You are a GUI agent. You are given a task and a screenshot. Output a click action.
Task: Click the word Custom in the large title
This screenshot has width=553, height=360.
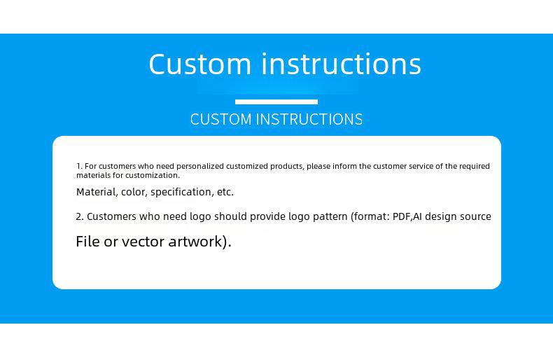click(200, 64)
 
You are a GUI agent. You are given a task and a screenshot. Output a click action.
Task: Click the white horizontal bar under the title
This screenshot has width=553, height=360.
click(276, 102)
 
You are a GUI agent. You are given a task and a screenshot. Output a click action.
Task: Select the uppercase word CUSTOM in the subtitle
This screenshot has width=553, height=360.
click(220, 119)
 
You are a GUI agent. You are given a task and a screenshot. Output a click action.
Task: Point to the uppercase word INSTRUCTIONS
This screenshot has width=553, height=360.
click(309, 119)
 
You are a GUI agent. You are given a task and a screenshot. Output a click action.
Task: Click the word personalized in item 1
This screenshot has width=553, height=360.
click(200, 166)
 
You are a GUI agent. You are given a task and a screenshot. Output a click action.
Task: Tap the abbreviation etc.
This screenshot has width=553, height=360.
click(225, 192)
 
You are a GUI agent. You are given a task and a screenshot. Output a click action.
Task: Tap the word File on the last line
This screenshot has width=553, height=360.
click(87, 242)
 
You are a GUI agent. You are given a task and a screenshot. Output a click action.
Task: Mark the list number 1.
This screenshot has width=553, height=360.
click(79, 166)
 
